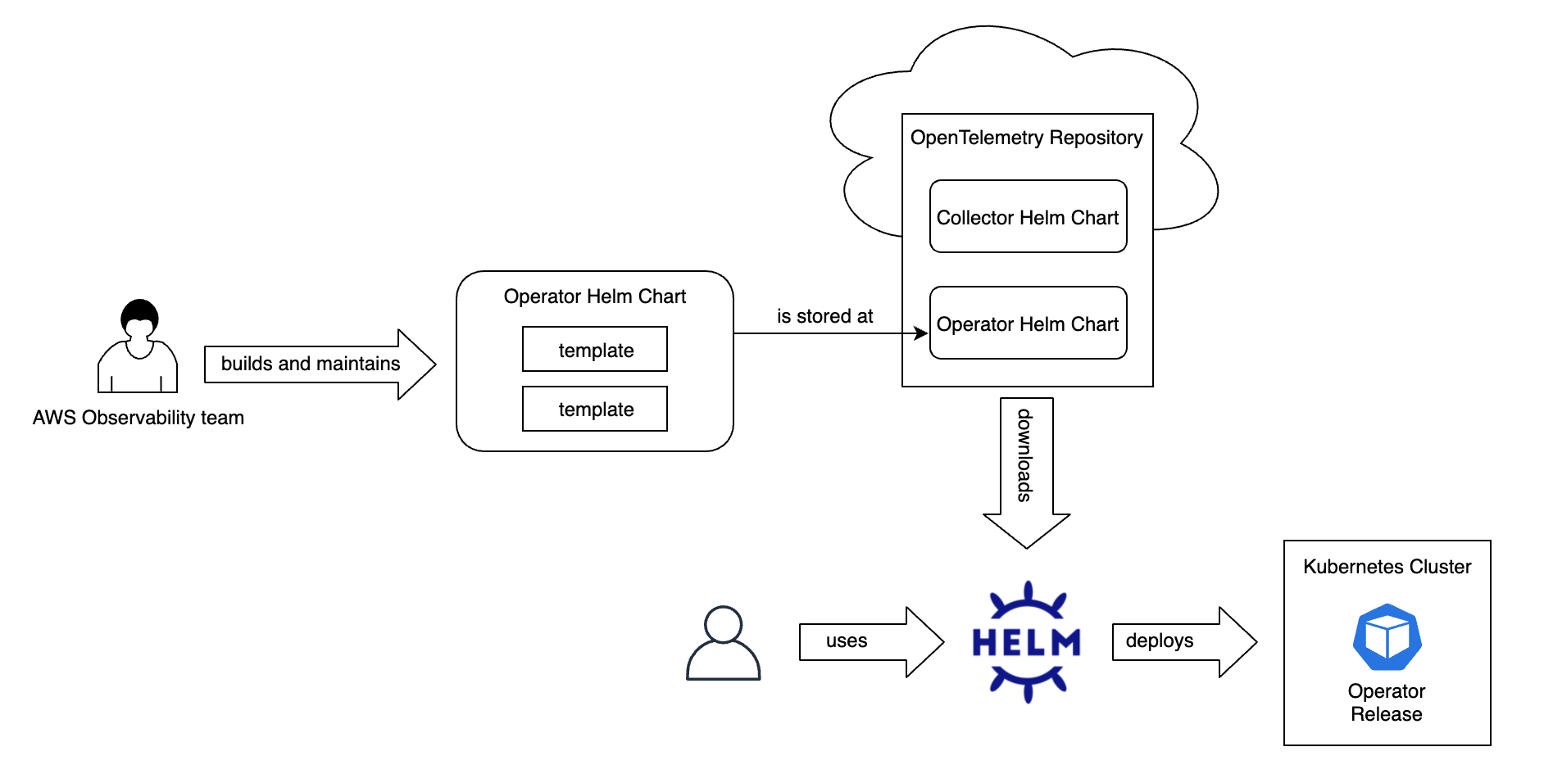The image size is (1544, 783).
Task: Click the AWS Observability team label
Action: [139, 418]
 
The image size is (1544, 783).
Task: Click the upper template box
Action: [595, 350]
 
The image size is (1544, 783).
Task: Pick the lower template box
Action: [595, 409]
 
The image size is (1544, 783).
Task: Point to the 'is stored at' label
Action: [824, 316]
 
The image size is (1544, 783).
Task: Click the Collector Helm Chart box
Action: [1028, 217]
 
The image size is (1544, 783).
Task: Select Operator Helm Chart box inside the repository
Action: [1028, 324]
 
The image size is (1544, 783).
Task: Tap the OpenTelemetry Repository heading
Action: [1026, 138]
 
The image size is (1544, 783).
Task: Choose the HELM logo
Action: [1026, 642]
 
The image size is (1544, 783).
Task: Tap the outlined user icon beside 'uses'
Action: [723, 644]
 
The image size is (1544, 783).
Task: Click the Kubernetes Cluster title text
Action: [1387, 567]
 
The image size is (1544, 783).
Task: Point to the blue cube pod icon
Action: [1387, 637]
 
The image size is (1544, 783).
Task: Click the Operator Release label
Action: [1387, 703]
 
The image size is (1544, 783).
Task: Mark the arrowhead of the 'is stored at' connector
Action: [922, 333]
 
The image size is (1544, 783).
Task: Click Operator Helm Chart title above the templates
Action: [594, 296]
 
